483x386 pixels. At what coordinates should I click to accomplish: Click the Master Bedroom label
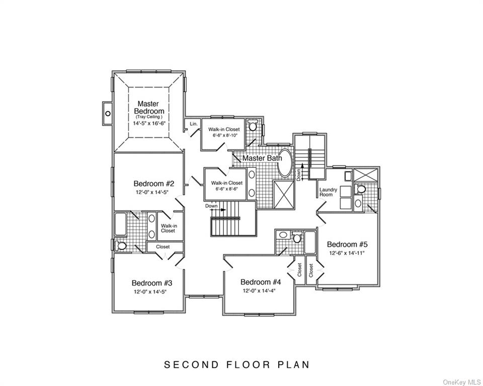click(149, 107)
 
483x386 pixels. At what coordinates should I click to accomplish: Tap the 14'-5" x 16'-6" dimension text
click(149, 124)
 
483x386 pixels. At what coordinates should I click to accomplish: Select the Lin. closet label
click(193, 124)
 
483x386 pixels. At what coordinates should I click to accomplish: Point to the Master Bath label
click(262, 158)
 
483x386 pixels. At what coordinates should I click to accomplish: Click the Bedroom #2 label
click(154, 184)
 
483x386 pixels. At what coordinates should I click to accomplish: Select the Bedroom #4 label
click(261, 282)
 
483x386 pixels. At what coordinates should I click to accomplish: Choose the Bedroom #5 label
click(347, 244)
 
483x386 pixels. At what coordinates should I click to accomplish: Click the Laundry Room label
click(328, 192)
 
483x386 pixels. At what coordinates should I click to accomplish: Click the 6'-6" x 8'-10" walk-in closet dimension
click(223, 135)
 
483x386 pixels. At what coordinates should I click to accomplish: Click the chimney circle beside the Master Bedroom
click(108, 113)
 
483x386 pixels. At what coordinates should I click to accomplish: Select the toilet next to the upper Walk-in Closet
click(254, 126)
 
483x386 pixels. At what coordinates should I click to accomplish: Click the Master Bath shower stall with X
click(284, 195)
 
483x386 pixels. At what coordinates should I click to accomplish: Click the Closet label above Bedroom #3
click(163, 247)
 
